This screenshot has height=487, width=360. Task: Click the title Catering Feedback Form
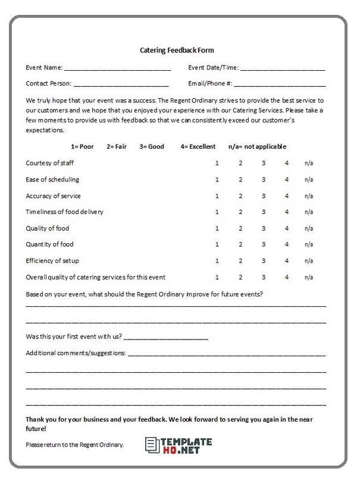tap(176, 51)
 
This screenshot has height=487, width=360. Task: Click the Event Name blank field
tap(117, 68)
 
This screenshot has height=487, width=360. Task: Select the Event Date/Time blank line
tap(283, 68)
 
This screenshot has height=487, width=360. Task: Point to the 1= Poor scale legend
tap(82, 146)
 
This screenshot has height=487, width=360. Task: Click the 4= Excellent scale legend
tap(198, 146)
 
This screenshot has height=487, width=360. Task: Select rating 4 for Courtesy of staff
tap(286, 163)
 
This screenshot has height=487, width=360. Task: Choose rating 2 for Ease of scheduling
tap(240, 180)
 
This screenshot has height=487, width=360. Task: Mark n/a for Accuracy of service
tap(309, 196)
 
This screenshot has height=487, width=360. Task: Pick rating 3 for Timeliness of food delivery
tap(264, 212)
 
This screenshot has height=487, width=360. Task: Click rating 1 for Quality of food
tap(217, 228)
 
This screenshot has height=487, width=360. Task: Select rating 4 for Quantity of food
tap(286, 244)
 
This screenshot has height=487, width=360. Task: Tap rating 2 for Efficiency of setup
tap(240, 260)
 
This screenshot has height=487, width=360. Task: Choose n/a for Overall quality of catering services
tap(309, 277)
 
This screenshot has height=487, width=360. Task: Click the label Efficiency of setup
tap(52, 260)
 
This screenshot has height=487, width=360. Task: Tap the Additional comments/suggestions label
tap(76, 353)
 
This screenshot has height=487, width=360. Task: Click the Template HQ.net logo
tap(179, 445)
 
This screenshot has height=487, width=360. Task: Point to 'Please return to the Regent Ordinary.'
tap(75, 445)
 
